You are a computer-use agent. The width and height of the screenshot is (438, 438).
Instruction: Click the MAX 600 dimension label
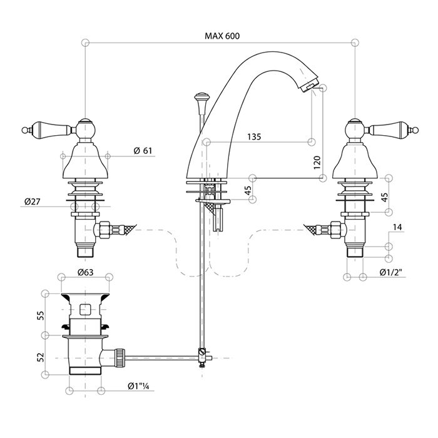[x=222, y=36]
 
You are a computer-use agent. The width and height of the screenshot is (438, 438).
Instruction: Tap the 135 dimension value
[x=254, y=136]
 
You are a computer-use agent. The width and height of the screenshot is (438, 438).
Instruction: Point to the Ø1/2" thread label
[x=390, y=272]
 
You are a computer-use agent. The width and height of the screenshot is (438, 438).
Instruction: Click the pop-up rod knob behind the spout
[x=201, y=98]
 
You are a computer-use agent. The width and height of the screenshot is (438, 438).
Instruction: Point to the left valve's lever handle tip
[x=26, y=130]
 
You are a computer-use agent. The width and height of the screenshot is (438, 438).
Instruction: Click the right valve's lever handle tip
[x=413, y=130]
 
